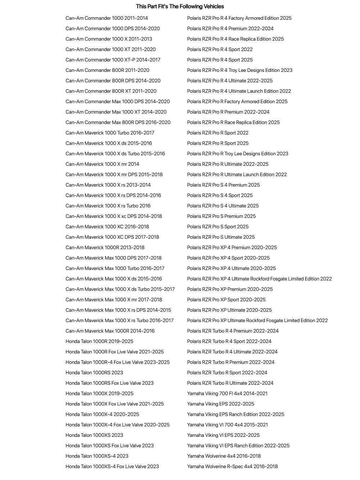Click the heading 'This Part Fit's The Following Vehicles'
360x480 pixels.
pyautogui.click(x=180, y=6)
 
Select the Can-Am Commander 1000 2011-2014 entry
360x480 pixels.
pyautogui.click(x=106, y=18)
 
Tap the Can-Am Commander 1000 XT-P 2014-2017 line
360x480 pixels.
pyautogui.click(x=113, y=60)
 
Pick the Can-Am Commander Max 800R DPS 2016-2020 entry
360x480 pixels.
pyautogui.click(x=118, y=122)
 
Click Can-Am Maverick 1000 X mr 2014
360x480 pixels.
pyautogui.click(x=102, y=164)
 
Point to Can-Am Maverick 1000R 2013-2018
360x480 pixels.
pyautogui.click(x=105, y=247)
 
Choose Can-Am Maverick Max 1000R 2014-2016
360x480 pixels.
pyautogui.click(x=110, y=331)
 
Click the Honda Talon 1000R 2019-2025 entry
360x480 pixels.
pyautogui.click(x=99, y=341)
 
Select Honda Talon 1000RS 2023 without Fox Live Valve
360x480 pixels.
pyautogui.click(x=94, y=372)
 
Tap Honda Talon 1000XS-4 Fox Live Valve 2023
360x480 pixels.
pyautogui.click(x=112, y=466)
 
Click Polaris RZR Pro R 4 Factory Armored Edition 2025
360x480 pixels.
pyautogui.click(x=239, y=18)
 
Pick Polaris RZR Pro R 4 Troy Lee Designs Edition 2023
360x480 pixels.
pyautogui.click(x=240, y=70)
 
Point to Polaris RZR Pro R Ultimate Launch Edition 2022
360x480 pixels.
pyautogui.click(x=237, y=174)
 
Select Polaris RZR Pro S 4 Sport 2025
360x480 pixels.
pyautogui.click(x=220, y=195)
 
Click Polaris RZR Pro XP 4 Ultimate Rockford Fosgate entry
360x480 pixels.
pyautogui.click(x=259, y=279)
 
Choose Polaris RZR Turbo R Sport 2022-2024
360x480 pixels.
pyautogui.click(x=227, y=372)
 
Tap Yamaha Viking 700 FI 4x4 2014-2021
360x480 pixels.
pyautogui.click(x=227, y=393)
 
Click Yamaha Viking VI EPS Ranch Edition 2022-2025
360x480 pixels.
pyautogui.click(x=238, y=445)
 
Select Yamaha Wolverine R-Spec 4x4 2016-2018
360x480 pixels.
pyautogui.click(x=232, y=466)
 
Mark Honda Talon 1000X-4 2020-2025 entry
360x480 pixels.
pyautogui.click(x=102, y=414)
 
